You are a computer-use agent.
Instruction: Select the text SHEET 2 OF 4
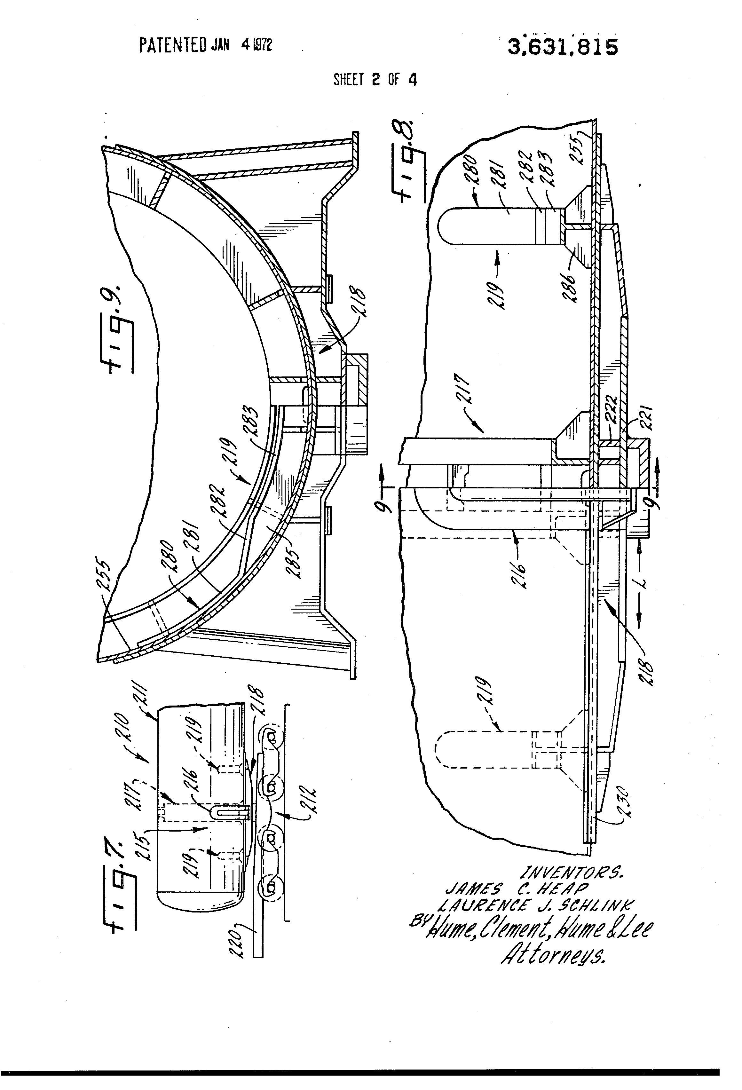pyautogui.click(x=375, y=80)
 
